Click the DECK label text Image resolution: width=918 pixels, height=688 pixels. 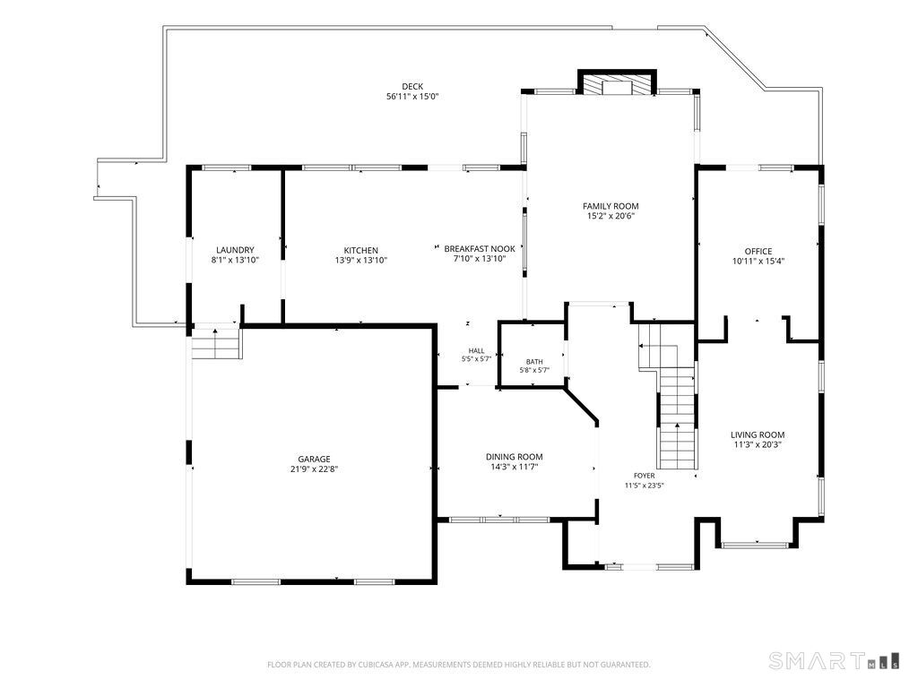tap(412, 87)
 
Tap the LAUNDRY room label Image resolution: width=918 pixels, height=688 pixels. tap(235, 251)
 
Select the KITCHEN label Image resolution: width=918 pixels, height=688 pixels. tap(360, 251)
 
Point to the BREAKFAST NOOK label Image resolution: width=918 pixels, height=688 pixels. tap(480, 249)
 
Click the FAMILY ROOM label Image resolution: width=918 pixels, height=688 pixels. tap(611, 206)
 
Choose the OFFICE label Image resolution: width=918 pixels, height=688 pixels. tap(758, 252)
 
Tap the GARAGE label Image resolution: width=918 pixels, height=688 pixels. tap(314, 460)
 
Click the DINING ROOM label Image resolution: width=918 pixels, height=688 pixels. tap(514, 457)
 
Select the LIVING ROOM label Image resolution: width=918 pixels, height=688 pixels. tap(758, 434)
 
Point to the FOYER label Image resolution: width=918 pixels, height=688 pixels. tap(644, 476)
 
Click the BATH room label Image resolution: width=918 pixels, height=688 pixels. tap(534, 362)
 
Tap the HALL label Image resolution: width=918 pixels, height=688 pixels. tap(476, 351)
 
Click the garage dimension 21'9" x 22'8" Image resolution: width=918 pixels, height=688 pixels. tap(314, 469)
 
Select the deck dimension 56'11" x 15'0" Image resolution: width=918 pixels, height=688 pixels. tap(412, 97)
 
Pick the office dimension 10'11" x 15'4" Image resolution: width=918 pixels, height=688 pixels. tap(758, 262)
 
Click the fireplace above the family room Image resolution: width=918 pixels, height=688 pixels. tap(618, 82)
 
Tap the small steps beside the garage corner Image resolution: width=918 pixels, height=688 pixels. tap(216, 343)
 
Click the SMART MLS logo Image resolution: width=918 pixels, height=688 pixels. tap(835, 660)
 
